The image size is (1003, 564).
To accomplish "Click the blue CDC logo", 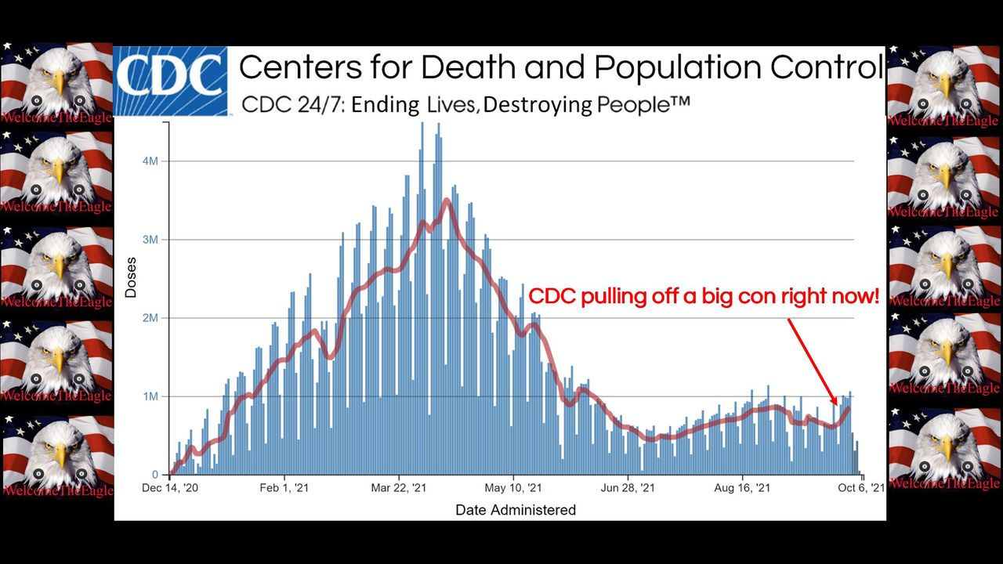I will (x=170, y=80).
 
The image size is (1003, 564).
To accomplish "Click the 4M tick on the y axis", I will (x=150, y=161).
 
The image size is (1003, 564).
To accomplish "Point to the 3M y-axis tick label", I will (x=150, y=240).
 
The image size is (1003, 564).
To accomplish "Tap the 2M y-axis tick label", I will (x=150, y=318).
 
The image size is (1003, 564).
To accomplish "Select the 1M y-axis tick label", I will (x=150, y=396).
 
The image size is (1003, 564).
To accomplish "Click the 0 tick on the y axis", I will (x=155, y=475).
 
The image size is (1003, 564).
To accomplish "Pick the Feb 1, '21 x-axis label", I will (x=285, y=488).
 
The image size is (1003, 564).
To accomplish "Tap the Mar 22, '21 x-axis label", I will (x=399, y=488).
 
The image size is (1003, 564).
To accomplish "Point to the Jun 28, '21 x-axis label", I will (x=628, y=488).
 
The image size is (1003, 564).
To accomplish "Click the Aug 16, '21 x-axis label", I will (x=742, y=488).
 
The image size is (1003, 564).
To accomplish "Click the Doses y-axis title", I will (x=131, y=277).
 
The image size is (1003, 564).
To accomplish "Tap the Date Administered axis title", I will (x=516, y=510).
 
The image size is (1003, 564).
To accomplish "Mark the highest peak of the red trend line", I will (x=447, y=201).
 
